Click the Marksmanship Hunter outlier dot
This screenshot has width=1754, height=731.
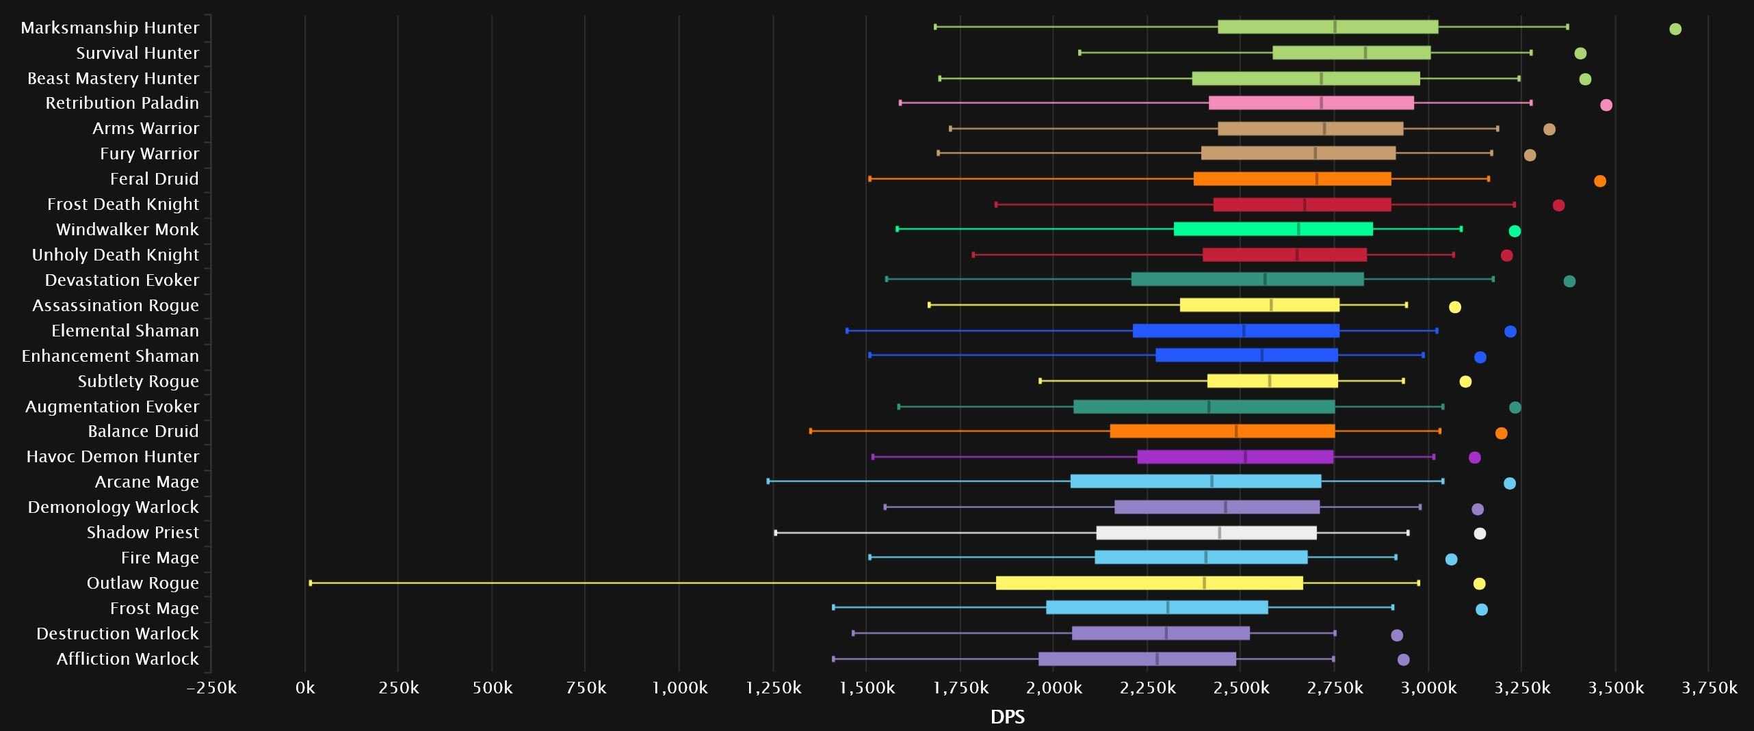tap(1675, 29)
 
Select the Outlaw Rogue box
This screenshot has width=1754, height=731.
tap(1149, 583)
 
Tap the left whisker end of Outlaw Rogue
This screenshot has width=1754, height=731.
tap(311, 583)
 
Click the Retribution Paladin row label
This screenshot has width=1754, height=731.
tap(122, 103)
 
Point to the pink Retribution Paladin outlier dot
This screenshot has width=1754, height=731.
tap(1606, 105)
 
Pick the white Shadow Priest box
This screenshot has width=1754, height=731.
tap(1206, 533)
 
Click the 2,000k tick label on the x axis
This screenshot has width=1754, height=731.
tap(1054, 688)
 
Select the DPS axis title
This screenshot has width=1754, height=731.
tap(1008, 717)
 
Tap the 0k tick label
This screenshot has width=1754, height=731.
tap(305, 688)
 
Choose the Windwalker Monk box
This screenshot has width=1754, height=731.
tap(1273, 229)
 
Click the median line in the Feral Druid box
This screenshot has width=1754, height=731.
tap(1317, 178)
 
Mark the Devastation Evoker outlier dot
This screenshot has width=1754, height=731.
tap(1569, 281)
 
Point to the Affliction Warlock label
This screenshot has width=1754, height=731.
tap(128, 659)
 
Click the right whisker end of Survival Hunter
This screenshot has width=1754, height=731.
tap(1531, 53)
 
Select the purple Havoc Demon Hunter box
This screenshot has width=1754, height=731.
tap(1235, 457)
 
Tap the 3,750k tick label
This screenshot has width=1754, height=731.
tap(1709, 688)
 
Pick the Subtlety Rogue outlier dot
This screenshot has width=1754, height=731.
tap(1465, 382)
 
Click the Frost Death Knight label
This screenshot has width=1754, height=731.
tap(123, 204)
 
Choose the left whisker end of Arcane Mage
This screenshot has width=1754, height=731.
tap(768, 481)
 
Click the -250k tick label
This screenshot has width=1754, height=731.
tap(211, 688)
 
